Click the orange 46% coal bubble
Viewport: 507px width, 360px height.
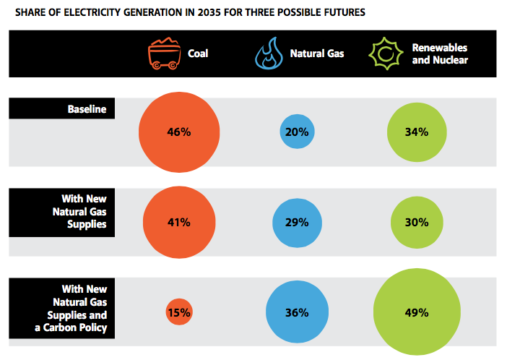coord(178,132)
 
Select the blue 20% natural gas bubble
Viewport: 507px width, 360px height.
coord(297,132)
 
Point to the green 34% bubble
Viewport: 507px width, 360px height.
coord(417,132)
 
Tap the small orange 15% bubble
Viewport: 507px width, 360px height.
coord(178,312)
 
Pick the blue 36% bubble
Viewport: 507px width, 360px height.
coord(297,312)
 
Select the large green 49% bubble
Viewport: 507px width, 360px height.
coord(417,312)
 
